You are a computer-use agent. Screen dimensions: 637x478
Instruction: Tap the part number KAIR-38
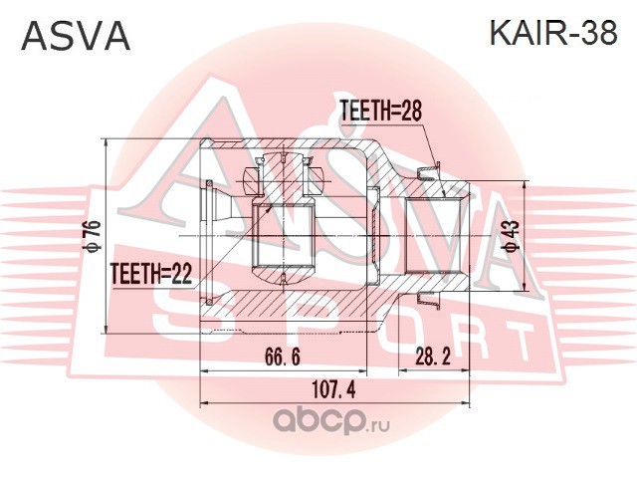[553, 33]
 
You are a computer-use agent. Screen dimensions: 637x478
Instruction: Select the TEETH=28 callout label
[380, 111]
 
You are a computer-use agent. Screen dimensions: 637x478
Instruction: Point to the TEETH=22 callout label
[150, 274]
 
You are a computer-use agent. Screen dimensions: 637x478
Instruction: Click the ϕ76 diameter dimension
[94, 236]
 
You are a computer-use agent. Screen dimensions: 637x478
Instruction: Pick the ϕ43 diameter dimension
[513, 236]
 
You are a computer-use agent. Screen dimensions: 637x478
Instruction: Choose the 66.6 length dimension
[283, 358]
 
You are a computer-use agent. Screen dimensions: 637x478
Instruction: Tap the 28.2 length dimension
[433, 358]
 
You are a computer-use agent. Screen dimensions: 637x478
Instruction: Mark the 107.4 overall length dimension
[334, 389]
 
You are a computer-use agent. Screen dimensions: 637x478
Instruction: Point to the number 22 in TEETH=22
[181, 274]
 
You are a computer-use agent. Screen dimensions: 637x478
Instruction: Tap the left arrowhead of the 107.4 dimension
[204, 403]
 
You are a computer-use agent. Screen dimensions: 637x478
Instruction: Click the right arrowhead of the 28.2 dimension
[466, 370]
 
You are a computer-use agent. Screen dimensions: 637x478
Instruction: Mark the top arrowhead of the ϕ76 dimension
[106, 141]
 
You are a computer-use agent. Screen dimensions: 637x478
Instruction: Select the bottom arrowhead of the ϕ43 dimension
[526, 287]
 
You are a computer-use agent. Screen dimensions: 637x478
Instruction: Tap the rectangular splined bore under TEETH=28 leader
[433, 235]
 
